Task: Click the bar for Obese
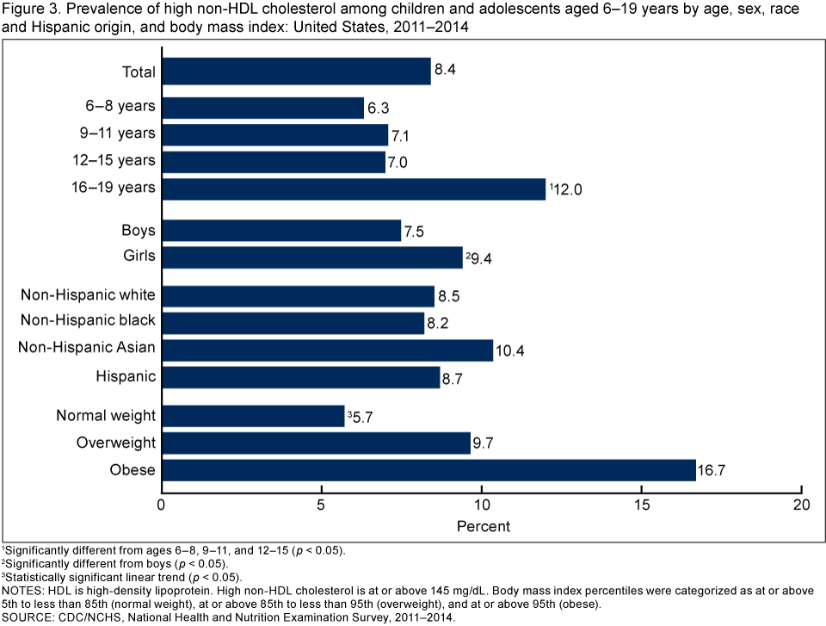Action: point(428,470)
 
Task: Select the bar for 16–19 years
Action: point(354,189)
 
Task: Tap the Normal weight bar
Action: point(253,416)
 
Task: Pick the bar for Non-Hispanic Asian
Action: point(327,350)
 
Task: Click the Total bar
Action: point(296,71)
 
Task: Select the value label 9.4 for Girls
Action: point(482,257)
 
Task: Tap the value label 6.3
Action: point(381,108)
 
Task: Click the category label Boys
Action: point(139,231)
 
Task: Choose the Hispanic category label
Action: point(126,376)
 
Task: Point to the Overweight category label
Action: point(117,443)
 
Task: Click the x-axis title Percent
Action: point(482,525)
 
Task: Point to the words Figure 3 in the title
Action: point(28,9)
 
